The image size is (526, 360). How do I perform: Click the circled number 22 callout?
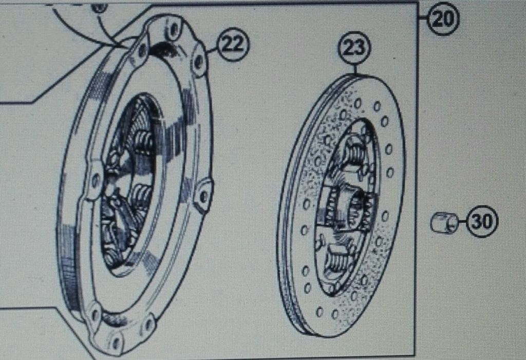pos(234,44)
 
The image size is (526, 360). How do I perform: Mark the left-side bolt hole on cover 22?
pos(96,180)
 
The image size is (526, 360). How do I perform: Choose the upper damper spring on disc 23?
pos(354,153)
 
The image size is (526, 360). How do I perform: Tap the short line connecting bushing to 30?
pos(462,221)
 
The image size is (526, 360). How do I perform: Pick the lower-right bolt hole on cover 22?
pos(147,325)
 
